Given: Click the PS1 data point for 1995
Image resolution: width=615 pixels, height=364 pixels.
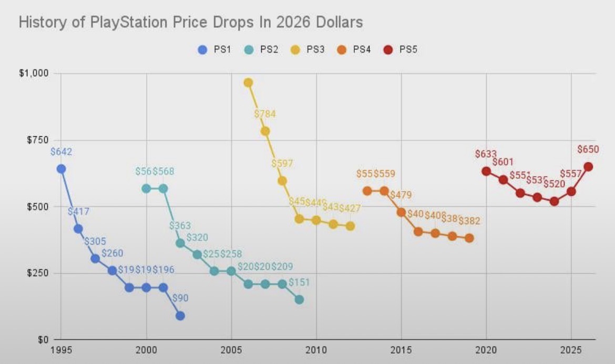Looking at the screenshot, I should (61, 169).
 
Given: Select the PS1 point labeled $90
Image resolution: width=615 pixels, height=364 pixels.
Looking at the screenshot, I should (180, 316).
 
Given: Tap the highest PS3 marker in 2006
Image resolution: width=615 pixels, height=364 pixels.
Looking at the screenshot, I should (248, 83).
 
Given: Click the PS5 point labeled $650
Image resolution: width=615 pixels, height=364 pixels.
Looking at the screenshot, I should (588, 166).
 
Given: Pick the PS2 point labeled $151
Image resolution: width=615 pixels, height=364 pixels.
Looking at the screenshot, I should (299, 299).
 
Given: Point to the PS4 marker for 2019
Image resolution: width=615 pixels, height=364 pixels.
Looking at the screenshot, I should (469, 238).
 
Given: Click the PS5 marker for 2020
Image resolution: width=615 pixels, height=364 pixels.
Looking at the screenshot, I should (486, 171).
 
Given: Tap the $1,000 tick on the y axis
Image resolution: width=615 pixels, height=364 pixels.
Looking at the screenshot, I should (34, 73).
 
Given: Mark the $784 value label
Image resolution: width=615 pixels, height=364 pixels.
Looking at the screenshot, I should (264, 114).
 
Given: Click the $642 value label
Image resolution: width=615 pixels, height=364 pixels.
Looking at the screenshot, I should (61, 152).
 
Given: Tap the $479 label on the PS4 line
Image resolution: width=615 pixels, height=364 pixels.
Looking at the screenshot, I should (401, 195).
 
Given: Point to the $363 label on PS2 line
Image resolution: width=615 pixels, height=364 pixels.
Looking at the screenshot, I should (180, 226).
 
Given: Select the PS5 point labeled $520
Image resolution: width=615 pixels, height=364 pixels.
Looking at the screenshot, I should (554, 201).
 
